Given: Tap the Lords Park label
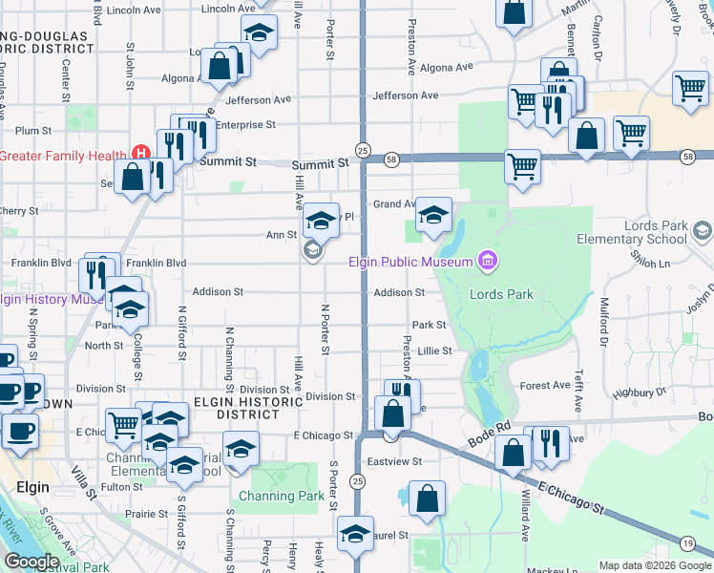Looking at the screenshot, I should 501,294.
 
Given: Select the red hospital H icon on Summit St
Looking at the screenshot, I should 141,153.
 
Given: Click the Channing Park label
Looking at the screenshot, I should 282,496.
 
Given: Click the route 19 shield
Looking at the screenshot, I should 687,543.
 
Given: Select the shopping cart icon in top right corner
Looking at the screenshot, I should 690,87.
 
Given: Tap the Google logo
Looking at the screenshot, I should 31,561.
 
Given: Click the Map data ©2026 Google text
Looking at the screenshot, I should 655,565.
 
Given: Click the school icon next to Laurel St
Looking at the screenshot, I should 356,534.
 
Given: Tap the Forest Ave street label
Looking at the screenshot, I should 545,386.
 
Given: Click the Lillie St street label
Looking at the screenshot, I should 434,351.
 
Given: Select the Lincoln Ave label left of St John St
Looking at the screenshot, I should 134,11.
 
